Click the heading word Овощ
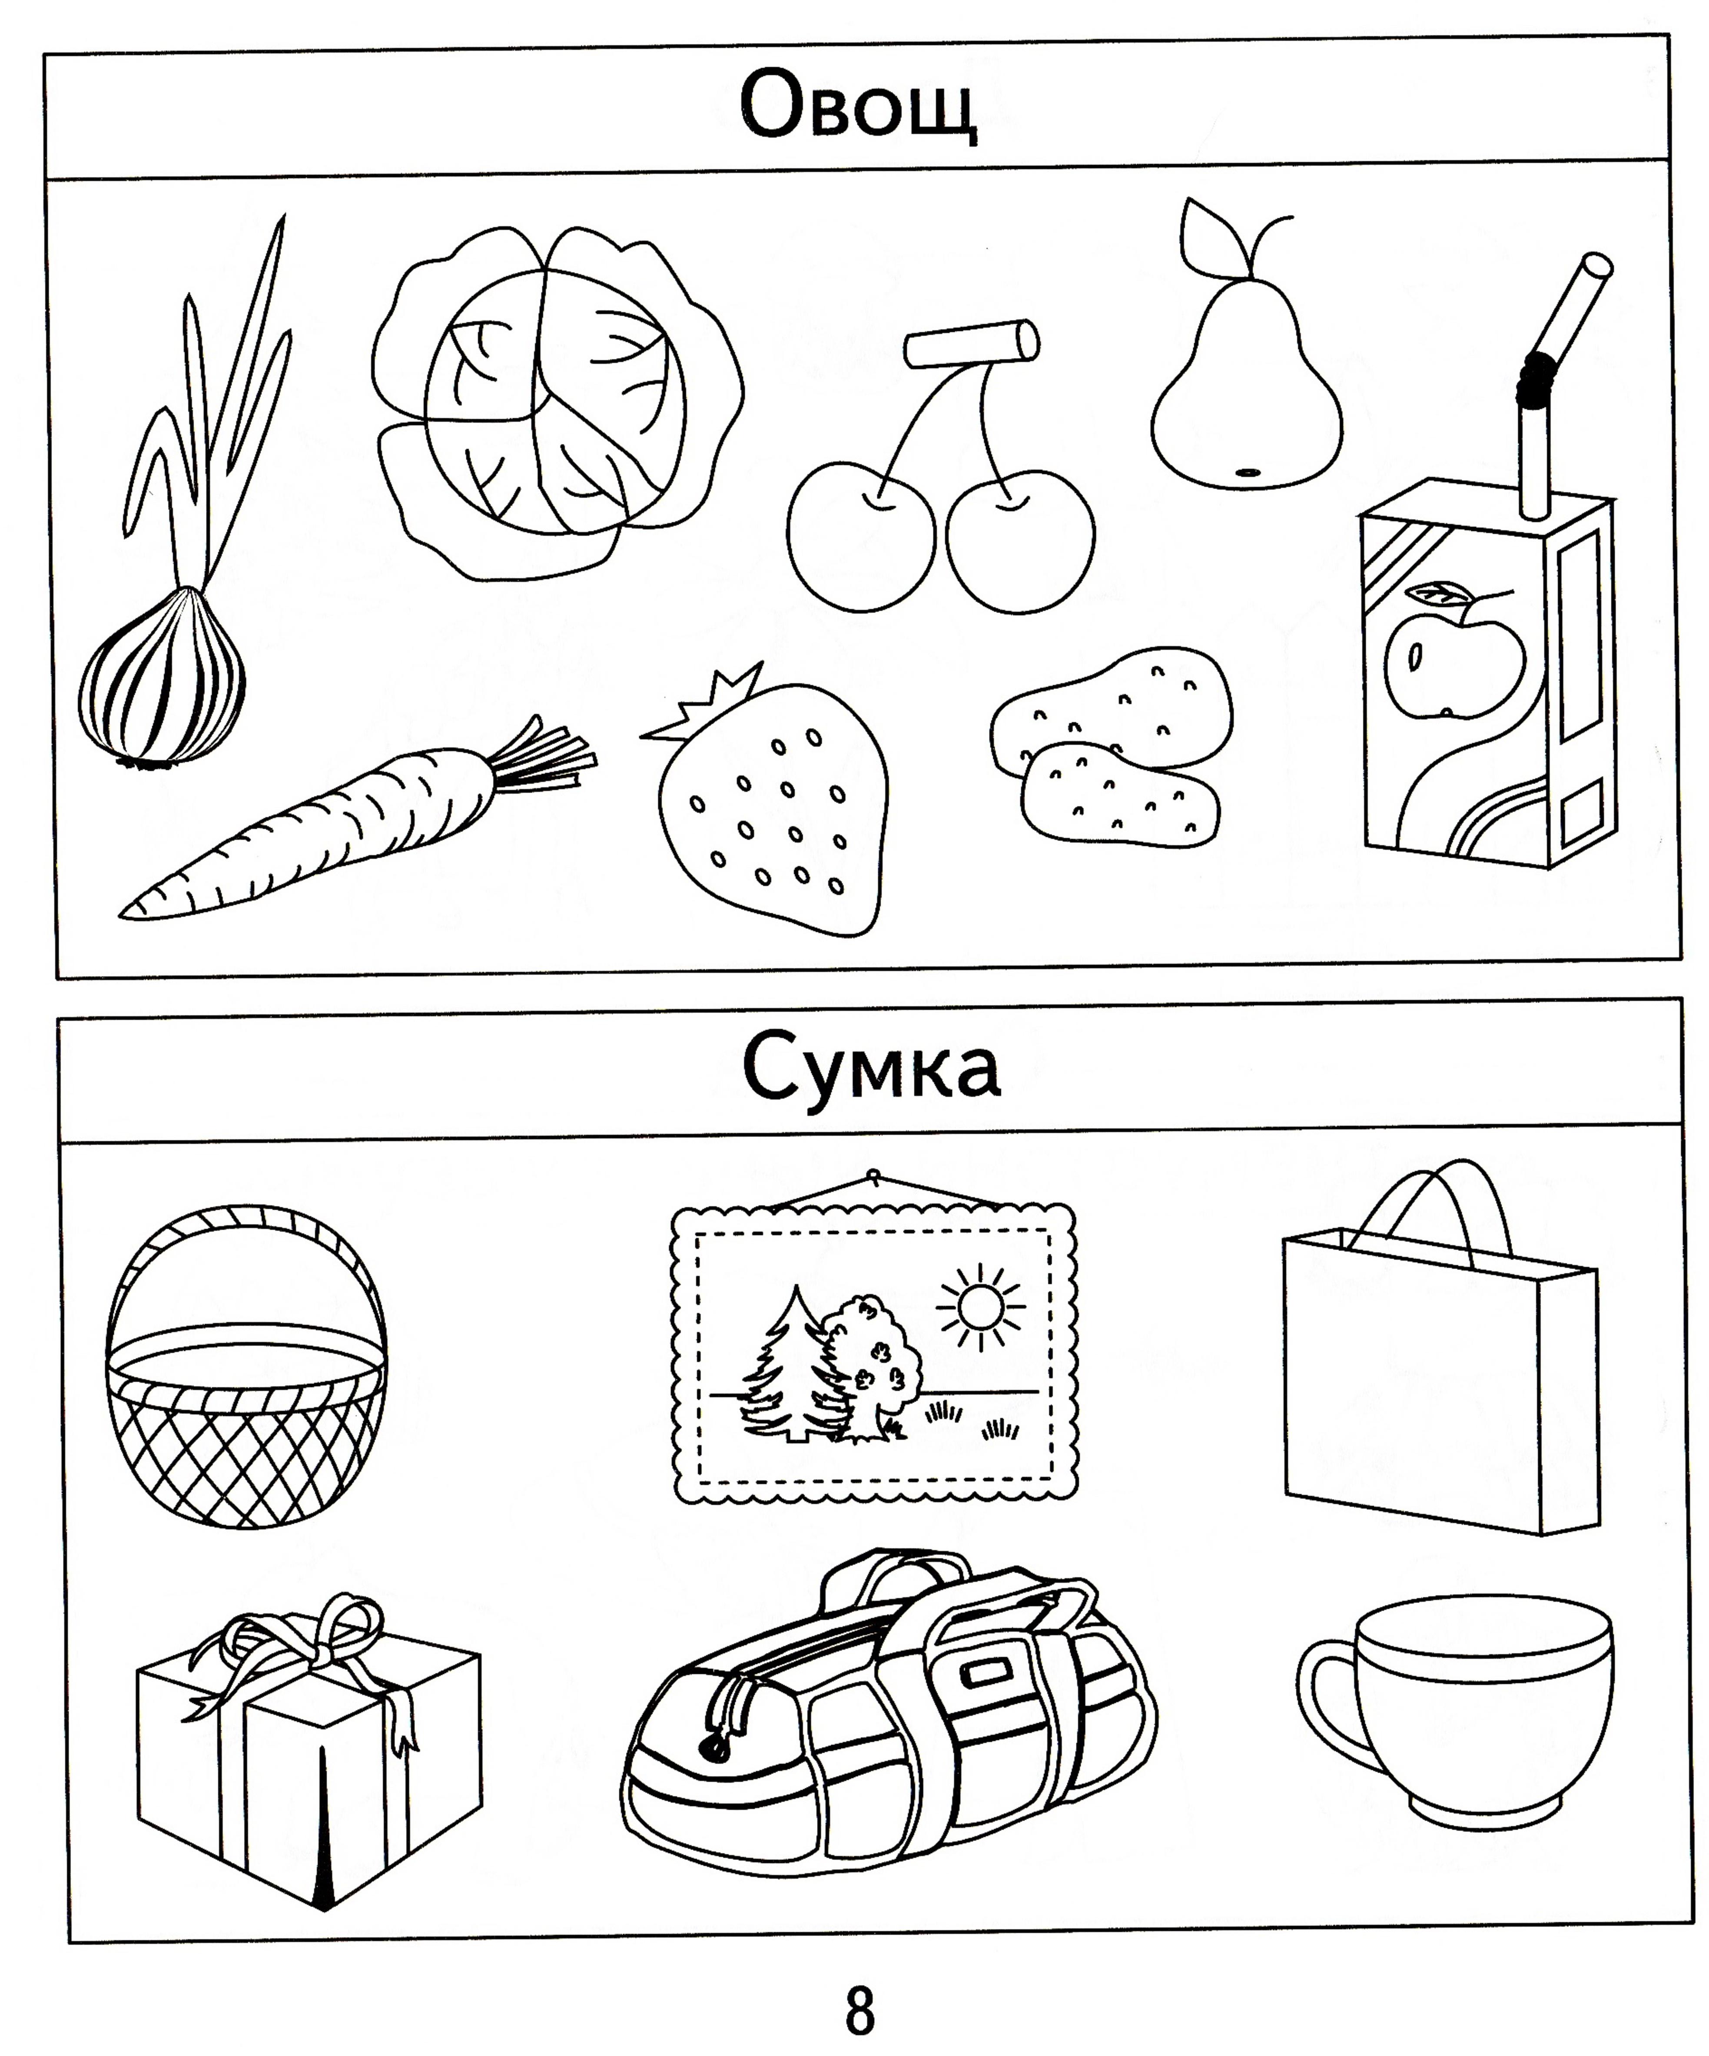tap(858, 106)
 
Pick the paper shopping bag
tap(1440, 1351)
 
